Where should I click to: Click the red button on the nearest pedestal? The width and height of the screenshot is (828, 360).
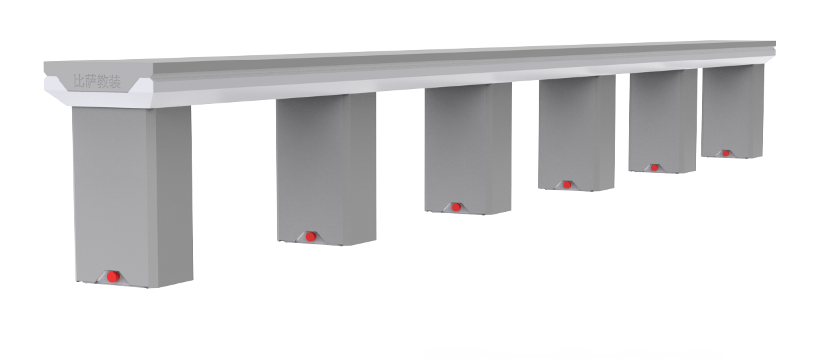(114, 276)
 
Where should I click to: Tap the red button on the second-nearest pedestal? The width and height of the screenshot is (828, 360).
(311, 236)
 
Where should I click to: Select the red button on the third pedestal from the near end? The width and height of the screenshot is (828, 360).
(456, 207)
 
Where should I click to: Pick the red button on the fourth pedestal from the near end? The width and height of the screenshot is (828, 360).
(567, 185)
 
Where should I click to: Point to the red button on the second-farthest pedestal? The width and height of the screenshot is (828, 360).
(654, 168)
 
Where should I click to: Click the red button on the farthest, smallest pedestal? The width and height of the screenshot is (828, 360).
(725, 153)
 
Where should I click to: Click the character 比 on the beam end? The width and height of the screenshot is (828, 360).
(79, 81)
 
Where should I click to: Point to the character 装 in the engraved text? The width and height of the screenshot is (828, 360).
(114, 83)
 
